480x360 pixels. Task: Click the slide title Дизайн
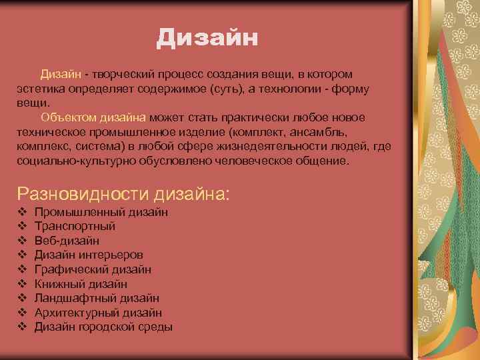[207, 37]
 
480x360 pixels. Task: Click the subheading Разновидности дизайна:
[123, 194]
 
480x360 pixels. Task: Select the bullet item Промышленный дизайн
[101, 212]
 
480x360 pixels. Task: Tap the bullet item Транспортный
[75, 226]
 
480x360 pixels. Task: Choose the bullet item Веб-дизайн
[67, 241]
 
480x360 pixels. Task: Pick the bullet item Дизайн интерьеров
[89, 255]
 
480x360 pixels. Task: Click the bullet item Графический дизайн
[93, 269]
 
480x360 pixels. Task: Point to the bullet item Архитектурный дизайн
[98, 313]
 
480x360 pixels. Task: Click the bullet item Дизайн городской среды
[103, 327]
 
